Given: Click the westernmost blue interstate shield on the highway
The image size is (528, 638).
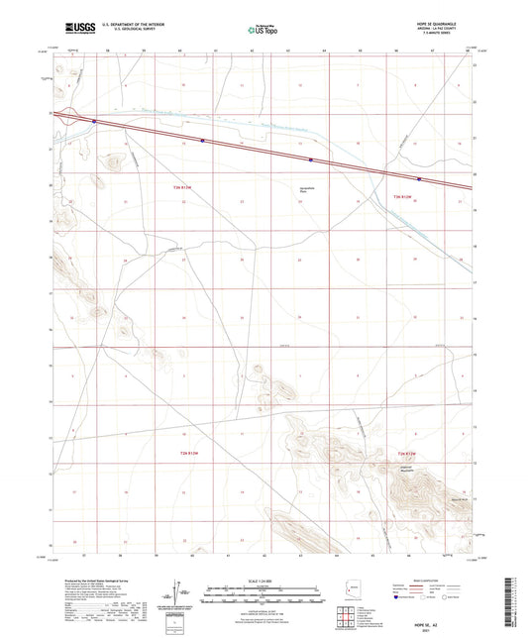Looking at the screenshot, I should point(94,122).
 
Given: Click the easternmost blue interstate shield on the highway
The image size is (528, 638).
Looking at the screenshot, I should point(419,179).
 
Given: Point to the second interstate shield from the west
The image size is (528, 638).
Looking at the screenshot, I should point(202,141).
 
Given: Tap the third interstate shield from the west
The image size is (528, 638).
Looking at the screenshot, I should point(311,159).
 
